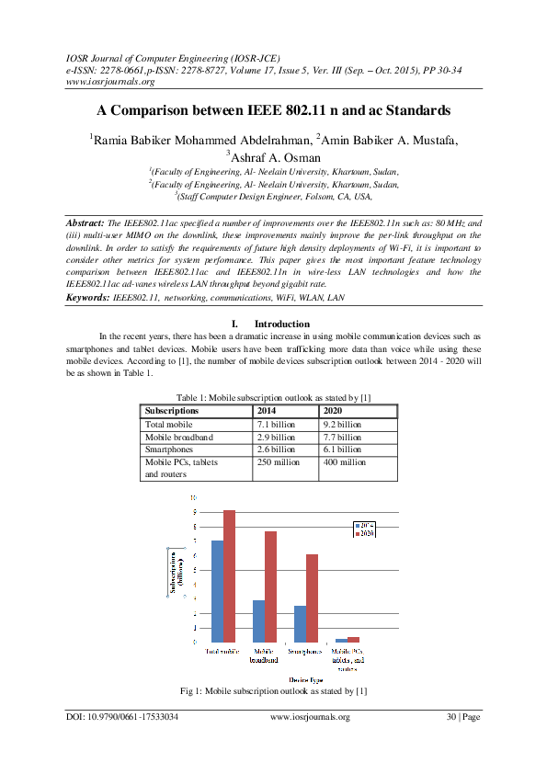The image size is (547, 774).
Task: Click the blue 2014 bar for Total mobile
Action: (217, 590)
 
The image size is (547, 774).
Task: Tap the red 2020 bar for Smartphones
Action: (313, 598)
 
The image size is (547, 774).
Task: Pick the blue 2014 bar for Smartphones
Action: (300, 623)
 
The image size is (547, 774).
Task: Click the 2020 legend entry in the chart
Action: (364, 533)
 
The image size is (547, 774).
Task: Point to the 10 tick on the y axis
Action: (192, 497)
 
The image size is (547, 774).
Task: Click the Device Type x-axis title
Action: (279, 679)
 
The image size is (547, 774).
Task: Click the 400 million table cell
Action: (345, 462)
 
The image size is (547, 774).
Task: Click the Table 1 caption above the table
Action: (273, 397)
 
